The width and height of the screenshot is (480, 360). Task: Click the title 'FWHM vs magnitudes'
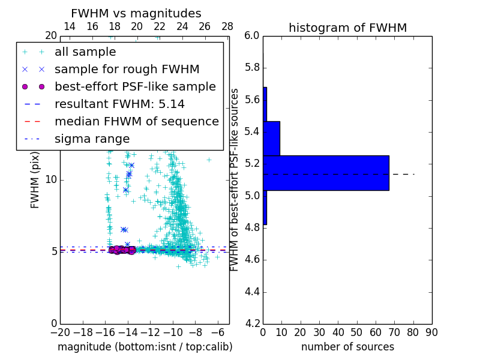click(136, 14)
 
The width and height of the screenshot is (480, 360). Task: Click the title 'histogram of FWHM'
click(347, 28)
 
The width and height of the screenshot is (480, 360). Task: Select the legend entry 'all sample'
click(85, 52)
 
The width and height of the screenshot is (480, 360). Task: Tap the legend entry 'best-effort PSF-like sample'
click(135, 87)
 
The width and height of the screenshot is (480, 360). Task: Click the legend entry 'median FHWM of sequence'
click(136, 122)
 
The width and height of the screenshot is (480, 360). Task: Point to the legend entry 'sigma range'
click(92, 139)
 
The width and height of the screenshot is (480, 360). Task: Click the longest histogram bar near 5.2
click(326, 173)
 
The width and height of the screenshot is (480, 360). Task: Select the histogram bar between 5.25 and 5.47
click(271, 139)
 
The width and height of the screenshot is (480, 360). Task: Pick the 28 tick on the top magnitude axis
click(227, 27)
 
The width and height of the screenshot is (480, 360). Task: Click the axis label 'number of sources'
click(347, 347)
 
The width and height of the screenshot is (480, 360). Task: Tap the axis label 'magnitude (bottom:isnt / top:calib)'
click(145, 347)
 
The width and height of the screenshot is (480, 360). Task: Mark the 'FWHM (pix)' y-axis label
click(35, 180)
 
